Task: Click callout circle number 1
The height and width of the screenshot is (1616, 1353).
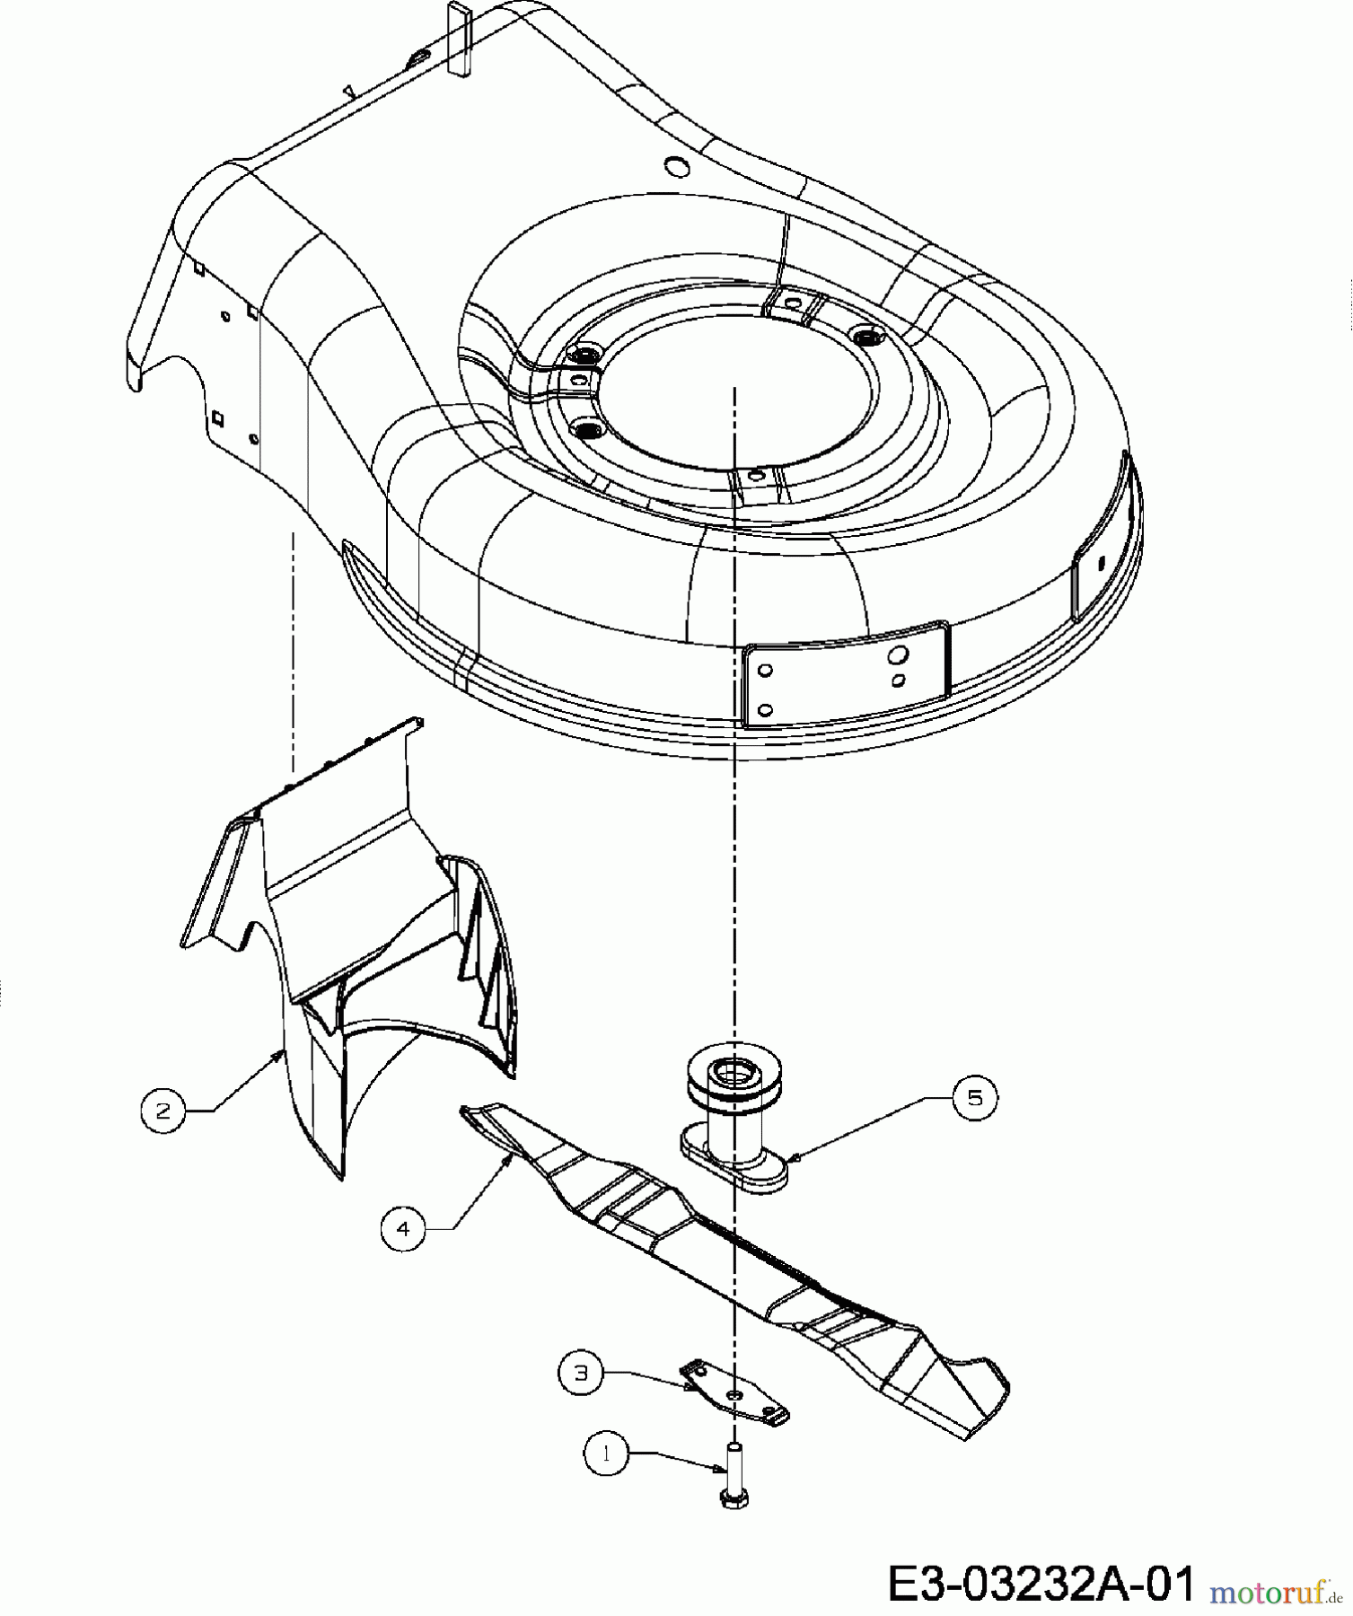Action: [x=606, y=1454]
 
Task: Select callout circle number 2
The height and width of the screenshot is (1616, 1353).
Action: [x=163, y=1111]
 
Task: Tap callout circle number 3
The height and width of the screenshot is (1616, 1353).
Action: [x=581, y=1374]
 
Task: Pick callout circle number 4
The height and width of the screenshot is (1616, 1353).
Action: [x=403, y=1228]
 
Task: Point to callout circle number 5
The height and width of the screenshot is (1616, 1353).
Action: [x=975, y=1097]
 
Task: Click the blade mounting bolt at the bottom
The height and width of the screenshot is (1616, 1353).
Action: [x=734, y=1473]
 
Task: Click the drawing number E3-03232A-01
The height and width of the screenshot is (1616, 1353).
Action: [x=1042, y=1583]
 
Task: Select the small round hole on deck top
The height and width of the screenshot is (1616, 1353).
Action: [x=675, y=165]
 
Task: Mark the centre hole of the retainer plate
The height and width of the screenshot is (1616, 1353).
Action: [x=734, y=1393]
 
